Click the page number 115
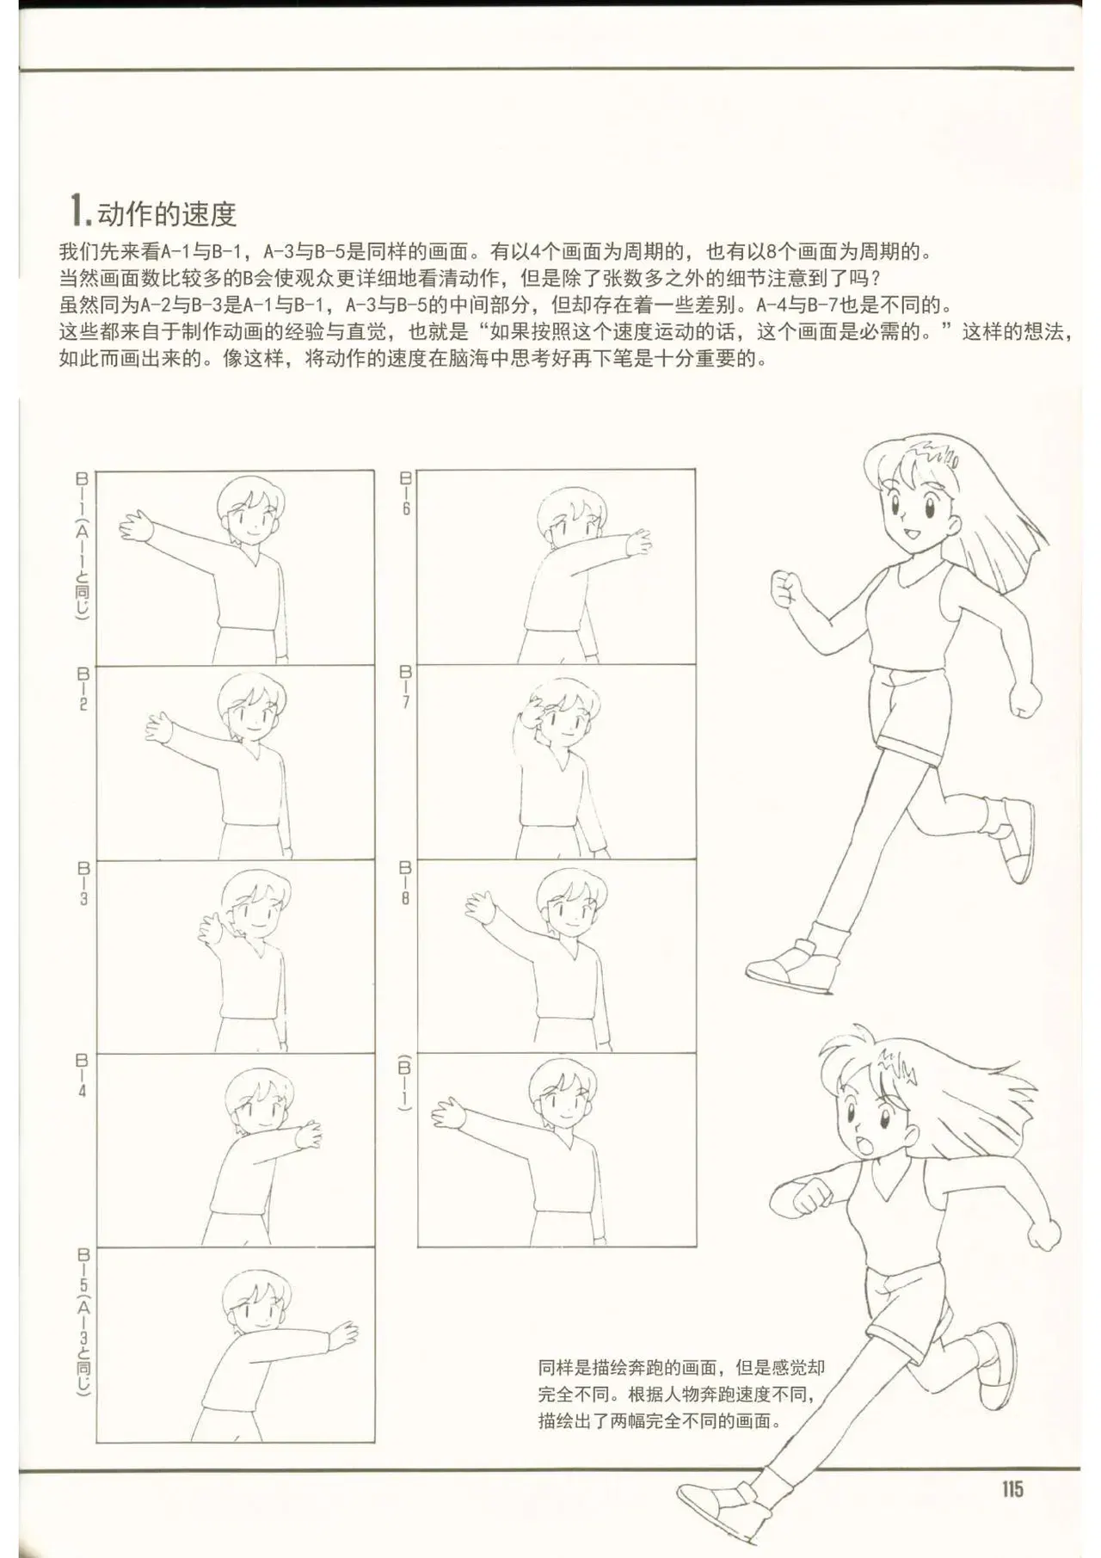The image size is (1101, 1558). pos(1012,1488)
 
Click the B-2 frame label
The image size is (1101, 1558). pos(83,688)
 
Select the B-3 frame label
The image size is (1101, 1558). pos(83,883)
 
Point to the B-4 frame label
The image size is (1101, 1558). pos(83,1076)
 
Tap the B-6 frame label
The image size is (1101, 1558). pos(405,493)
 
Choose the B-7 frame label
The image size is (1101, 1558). pos(405,687)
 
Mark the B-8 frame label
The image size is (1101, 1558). pos(405,882)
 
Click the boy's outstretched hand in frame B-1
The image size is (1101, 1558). pos(135,526)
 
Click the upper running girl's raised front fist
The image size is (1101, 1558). pos(785,588)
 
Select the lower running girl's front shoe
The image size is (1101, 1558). pos(717,1511)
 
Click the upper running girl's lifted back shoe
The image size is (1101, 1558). pos(1015,840)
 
